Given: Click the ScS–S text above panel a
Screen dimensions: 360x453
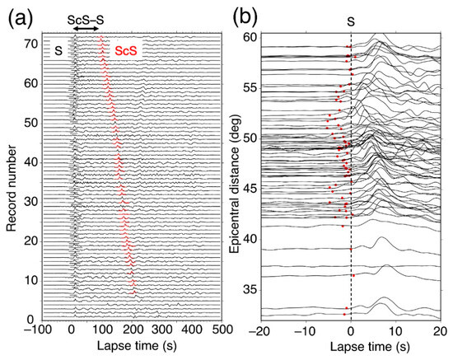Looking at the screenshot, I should [87, 14].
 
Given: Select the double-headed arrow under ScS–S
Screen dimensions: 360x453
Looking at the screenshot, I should [87, 28].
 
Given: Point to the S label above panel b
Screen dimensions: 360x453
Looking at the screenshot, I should [351, 26].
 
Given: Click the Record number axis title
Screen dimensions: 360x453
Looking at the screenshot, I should [11, 175].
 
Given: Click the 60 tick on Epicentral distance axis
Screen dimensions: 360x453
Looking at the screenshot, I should [247, 37].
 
